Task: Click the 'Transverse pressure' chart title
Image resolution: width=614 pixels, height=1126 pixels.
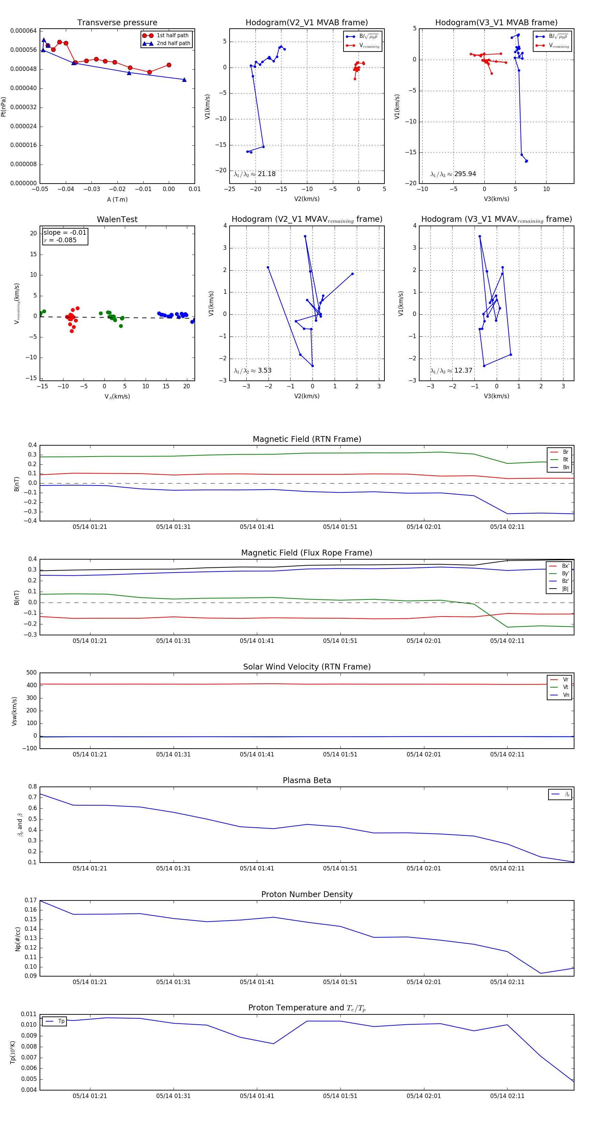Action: [117, 23]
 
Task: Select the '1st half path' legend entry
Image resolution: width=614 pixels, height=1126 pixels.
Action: [172, 35]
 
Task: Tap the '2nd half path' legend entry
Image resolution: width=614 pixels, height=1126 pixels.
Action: [173, 43]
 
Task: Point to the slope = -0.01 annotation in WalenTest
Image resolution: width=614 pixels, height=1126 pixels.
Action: [65, 233]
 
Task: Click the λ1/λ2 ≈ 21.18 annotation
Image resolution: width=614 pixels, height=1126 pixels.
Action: [255, 174]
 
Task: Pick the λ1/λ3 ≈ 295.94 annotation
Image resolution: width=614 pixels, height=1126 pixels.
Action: [453, 174]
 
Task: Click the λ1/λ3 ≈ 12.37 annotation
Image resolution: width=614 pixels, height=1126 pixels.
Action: [451, 371]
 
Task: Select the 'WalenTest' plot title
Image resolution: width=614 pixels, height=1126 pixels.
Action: [117, 219]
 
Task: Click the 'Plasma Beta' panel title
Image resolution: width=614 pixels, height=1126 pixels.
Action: [307, 780]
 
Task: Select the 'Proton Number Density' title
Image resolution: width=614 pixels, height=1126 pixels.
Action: [307, 894]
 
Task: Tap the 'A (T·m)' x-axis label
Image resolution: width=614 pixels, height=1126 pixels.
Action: [117, 200]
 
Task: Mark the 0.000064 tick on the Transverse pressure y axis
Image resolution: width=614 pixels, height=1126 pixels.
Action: [23, 31]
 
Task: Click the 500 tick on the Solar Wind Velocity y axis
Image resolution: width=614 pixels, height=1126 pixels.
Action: [31, 673]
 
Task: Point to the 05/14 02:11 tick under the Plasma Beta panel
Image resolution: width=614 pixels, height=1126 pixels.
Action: [507, 868]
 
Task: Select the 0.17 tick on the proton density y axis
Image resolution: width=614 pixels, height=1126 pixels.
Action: [31, 900]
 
